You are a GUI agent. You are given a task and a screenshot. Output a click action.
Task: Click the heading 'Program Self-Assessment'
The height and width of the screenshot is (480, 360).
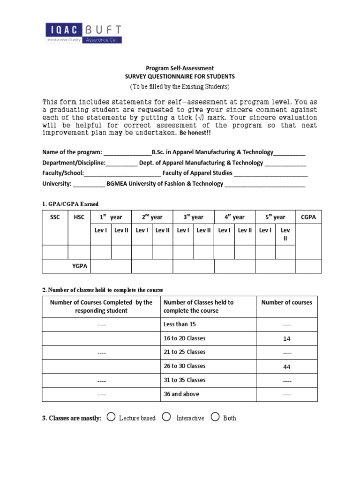point(180,68)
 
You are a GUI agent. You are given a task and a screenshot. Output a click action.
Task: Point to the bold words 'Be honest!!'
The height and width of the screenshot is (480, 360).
point(196,133)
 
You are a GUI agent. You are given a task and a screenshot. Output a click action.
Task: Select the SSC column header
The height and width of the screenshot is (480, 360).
point(55,217)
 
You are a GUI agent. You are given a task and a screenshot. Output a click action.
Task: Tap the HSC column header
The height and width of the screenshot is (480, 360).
point(79,217)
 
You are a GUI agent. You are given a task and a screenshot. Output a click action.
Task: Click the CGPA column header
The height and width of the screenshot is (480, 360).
point(308,217)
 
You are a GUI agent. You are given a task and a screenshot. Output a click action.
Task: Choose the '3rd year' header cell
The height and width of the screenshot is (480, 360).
point(193,217)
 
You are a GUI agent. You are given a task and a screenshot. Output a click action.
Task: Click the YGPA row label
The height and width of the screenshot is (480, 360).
point(80,266)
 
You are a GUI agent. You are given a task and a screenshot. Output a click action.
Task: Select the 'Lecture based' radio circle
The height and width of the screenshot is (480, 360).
point(111,417)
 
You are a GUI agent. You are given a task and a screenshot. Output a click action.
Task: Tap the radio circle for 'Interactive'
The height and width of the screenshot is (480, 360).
point(166,417)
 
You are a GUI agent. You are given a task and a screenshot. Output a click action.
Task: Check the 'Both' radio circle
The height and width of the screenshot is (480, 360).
point(215,417)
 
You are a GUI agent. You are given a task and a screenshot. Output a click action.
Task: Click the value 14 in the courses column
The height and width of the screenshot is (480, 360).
point(287,338)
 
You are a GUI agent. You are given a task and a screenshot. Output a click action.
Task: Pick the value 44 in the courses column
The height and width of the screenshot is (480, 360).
point(287,367)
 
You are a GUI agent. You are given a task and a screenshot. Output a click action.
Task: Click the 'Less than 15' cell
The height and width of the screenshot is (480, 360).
point(180,324)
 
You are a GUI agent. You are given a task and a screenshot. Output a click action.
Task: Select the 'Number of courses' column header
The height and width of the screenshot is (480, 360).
point(286,302)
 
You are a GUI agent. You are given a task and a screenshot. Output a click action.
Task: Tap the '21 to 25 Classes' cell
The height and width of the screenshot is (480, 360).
point(184,352)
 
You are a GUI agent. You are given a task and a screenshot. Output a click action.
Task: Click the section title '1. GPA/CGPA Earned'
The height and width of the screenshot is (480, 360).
point(70,204)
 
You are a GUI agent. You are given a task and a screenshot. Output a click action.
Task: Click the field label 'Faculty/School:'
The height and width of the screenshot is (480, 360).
point(63,173)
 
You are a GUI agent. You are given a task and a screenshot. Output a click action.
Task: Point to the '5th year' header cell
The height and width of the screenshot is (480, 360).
point(275,217)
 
